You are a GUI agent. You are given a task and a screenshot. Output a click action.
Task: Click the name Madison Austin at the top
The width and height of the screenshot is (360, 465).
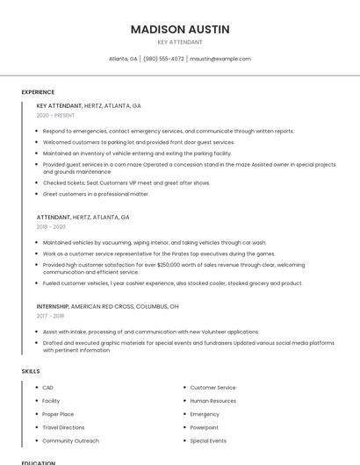point(180,29)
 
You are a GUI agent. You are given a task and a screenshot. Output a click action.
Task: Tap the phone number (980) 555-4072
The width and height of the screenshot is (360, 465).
point(163,59)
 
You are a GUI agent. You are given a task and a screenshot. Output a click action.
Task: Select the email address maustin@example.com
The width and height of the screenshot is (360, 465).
point(220,59)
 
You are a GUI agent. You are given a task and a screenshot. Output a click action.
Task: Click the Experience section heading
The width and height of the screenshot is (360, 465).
point(38,92)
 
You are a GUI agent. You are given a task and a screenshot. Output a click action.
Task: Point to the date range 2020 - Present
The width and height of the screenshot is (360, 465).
point(55,115)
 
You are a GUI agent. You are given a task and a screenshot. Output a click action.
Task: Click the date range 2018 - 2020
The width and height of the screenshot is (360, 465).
point(51,226)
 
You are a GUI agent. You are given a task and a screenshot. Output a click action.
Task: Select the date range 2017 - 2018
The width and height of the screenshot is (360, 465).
point(50,316)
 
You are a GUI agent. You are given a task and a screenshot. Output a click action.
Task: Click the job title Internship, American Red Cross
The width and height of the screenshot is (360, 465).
point(107,306)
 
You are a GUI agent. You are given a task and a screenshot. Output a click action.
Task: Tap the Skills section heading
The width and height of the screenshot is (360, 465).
point(31,371)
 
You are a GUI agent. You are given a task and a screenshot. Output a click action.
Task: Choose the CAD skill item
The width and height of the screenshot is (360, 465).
point(48,387)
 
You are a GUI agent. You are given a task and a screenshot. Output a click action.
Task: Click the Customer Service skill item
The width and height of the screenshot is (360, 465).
point(212,387)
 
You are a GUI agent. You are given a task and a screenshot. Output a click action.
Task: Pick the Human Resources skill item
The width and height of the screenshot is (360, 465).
point(213,400)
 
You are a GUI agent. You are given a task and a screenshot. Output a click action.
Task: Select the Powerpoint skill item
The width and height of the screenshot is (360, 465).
point(205,427)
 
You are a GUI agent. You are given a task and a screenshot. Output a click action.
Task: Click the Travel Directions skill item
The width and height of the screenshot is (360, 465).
point(63,427)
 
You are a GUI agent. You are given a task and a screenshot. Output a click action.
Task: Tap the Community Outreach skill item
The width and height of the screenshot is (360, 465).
point(70,440)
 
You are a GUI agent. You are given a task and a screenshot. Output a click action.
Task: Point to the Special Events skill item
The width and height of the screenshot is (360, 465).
point(208,440)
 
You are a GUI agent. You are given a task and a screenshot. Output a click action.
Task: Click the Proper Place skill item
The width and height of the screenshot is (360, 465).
point(58,414)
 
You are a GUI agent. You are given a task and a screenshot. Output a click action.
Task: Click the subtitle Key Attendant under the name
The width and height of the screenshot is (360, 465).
point(180,42)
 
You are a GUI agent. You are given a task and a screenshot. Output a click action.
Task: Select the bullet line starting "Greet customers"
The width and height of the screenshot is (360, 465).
point(96,194)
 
